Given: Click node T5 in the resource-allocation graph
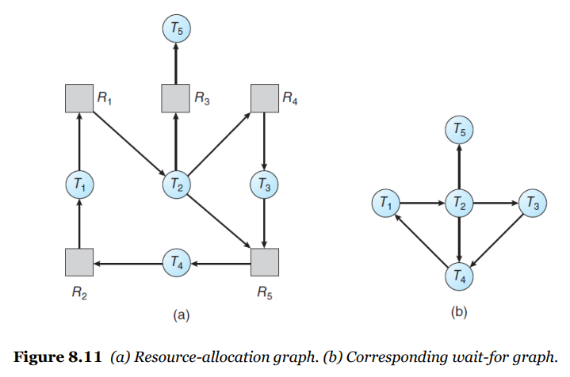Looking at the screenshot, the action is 176,29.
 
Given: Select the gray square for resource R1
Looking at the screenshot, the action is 79,98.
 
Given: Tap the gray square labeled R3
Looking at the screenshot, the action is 175,98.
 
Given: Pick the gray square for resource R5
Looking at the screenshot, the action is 265,262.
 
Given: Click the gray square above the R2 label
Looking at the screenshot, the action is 79,262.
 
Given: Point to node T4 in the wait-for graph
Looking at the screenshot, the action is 459,276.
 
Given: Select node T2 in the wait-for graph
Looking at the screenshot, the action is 459,203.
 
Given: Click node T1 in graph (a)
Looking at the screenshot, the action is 79,185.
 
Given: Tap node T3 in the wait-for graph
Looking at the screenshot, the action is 533,203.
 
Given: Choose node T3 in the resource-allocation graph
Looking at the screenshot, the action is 264,185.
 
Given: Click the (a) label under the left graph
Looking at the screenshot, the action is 181,315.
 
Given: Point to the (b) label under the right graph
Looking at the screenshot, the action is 459,312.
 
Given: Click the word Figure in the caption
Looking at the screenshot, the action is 39,357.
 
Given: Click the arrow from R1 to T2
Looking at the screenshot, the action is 129,143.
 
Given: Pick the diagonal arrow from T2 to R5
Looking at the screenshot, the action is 219,221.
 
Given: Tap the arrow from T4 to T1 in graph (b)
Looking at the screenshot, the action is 422,240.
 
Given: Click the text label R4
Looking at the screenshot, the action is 290,98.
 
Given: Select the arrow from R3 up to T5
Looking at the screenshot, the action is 176,63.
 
